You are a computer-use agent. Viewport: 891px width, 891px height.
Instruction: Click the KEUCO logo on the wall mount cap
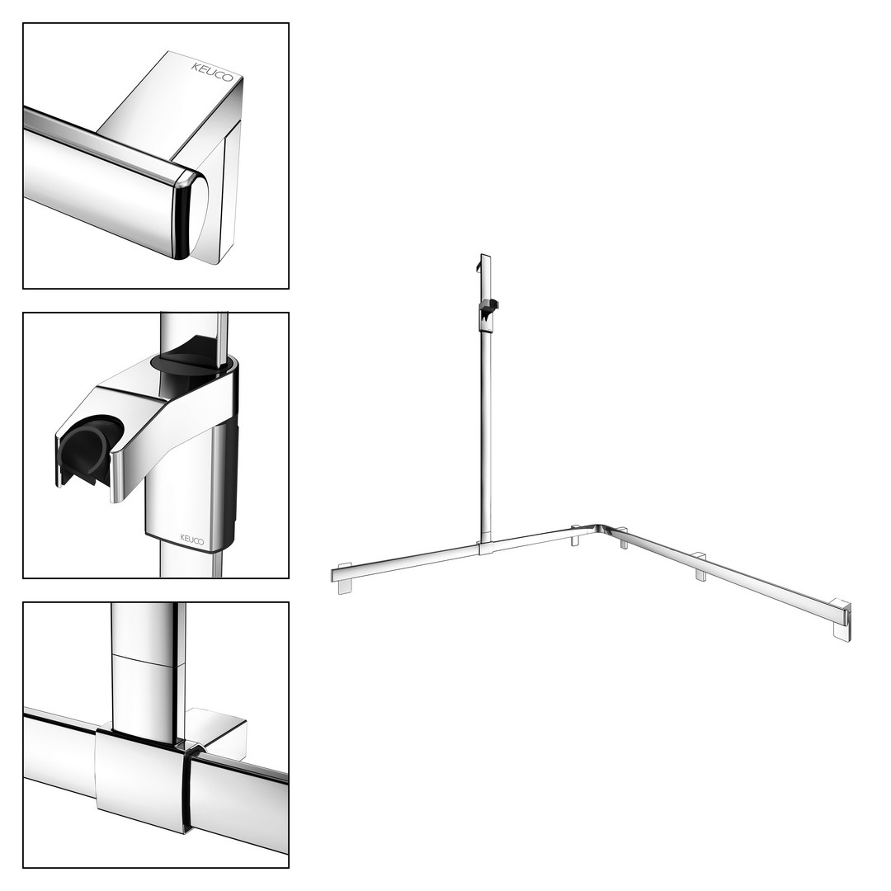[212, 72]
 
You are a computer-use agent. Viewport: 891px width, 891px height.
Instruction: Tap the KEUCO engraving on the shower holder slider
[192, 540]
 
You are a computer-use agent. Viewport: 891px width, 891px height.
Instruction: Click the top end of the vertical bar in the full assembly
[486, 256]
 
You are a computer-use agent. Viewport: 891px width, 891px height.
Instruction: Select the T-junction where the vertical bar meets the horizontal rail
[486, 548]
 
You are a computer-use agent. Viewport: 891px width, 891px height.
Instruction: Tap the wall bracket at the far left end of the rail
[345, 578]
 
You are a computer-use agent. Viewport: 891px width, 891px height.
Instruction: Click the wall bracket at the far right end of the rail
[841, 620]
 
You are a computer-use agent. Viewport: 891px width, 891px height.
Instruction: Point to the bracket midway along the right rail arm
[701, 567]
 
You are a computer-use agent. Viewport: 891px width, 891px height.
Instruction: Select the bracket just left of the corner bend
[575, 536]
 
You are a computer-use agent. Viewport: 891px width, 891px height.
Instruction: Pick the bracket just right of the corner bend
[624, 538]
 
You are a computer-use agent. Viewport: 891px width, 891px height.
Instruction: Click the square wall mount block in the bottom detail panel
[218, 733]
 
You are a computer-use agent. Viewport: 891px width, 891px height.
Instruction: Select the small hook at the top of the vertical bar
[478, 265]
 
